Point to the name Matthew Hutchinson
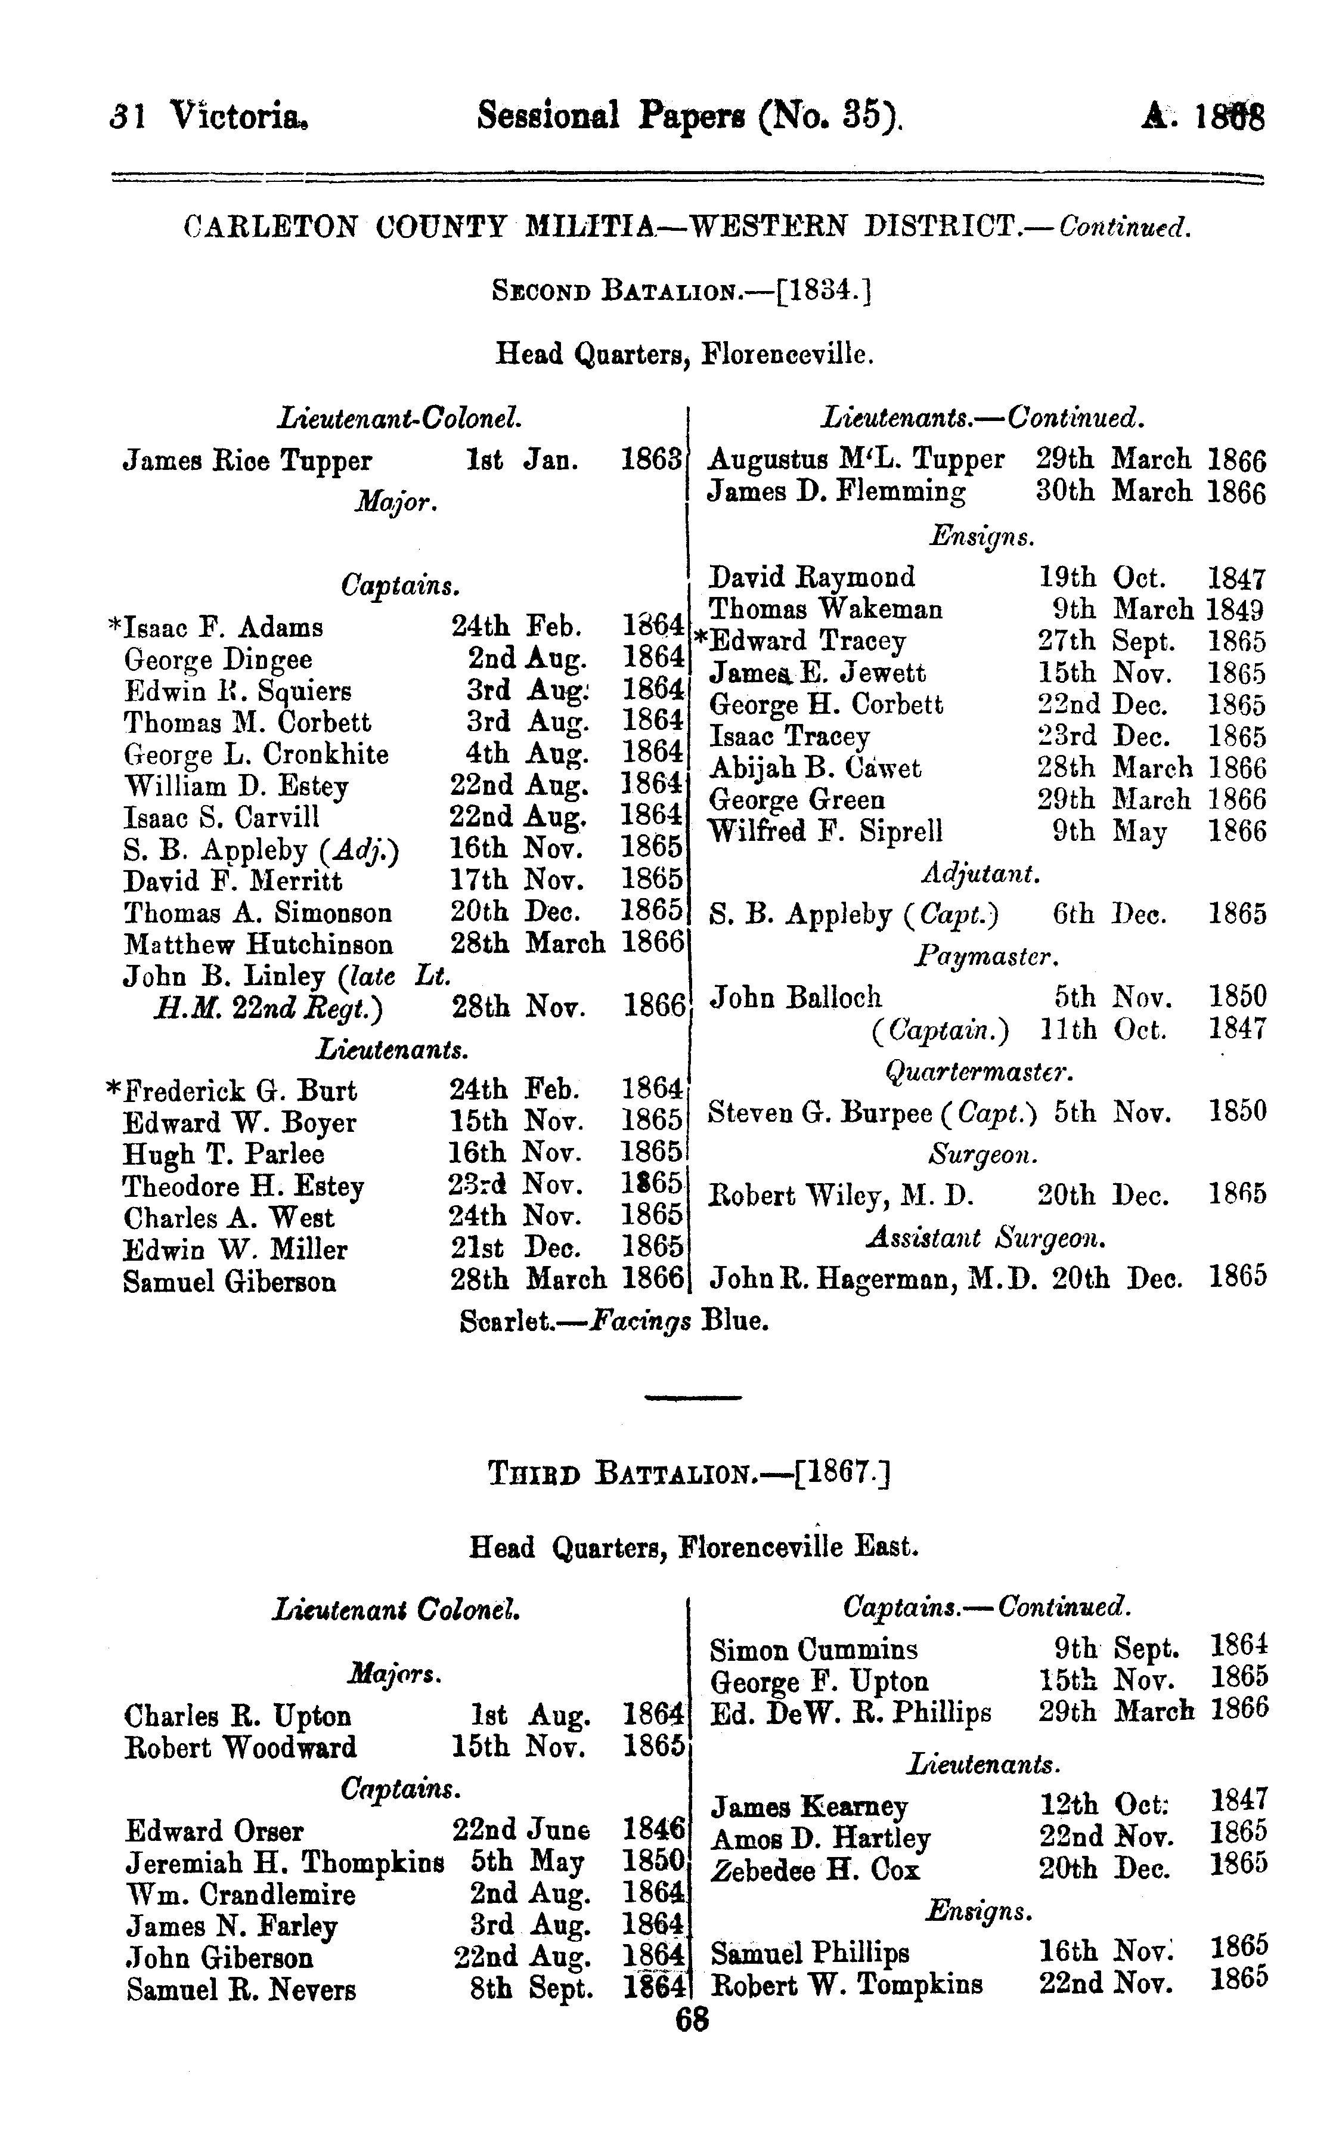point(259,944)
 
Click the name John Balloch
point(796,998)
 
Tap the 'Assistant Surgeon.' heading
point(985,1237)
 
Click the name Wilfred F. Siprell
point(826,832)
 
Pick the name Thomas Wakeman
point(826,609)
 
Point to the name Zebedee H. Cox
point(815,1871)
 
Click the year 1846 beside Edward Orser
point(653,1829)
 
